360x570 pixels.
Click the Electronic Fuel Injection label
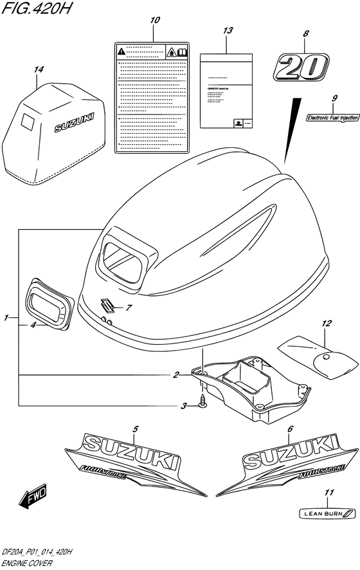(x=332, y=117)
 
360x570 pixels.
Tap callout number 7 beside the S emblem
(x=128, y=308)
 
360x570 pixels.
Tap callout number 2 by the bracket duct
(x=175, y=374)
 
